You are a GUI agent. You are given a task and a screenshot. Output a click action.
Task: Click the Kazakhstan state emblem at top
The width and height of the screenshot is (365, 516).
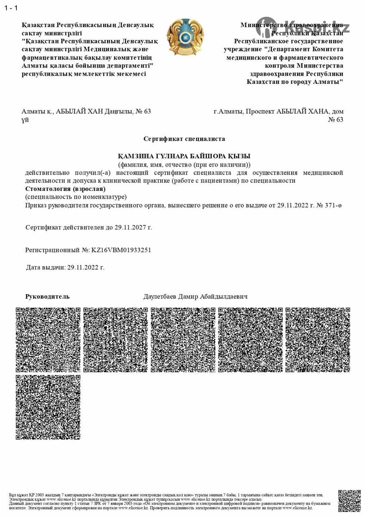pos(185,37)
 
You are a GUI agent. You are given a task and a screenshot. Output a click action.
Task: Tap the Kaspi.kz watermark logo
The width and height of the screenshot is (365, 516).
pos(303,27)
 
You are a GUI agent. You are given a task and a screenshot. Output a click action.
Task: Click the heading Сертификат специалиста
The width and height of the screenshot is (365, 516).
pos(184,139)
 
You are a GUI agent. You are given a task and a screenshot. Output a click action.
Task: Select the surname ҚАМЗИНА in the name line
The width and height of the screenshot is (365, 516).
pos(137,156)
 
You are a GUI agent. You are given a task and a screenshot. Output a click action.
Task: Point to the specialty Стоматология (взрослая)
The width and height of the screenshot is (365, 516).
pos(65,189)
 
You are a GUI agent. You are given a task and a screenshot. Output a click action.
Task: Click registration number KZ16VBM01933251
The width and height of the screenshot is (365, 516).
pos(121,250)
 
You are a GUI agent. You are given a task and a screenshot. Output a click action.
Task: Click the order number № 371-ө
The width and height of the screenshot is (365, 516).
pos(329,206)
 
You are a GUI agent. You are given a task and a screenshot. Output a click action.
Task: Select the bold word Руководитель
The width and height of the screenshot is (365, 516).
pos(47,296)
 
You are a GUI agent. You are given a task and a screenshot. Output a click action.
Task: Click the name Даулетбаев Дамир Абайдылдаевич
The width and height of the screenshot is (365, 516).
pos(195,297)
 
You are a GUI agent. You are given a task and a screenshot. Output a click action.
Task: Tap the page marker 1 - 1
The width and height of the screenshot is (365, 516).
pos(11,8)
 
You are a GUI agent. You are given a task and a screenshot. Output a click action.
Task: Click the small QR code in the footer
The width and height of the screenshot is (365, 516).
pos(349,501)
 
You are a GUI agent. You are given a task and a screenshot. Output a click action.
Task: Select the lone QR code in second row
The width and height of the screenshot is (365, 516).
pos(48,407)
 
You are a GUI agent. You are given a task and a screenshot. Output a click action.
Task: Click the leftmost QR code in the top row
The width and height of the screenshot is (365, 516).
pos(48,340)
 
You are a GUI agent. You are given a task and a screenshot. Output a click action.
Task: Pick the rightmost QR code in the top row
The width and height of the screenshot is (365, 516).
pos(318,340)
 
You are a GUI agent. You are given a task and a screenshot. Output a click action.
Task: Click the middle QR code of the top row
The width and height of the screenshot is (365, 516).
pos(183,340)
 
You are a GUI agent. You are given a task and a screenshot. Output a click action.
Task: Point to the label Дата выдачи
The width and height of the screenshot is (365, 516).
pos(45,267)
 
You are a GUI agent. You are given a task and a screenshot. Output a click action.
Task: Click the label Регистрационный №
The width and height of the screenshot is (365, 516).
pos(57,250)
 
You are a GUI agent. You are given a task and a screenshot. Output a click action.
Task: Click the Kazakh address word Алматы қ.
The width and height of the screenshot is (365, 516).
pos(37,111)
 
